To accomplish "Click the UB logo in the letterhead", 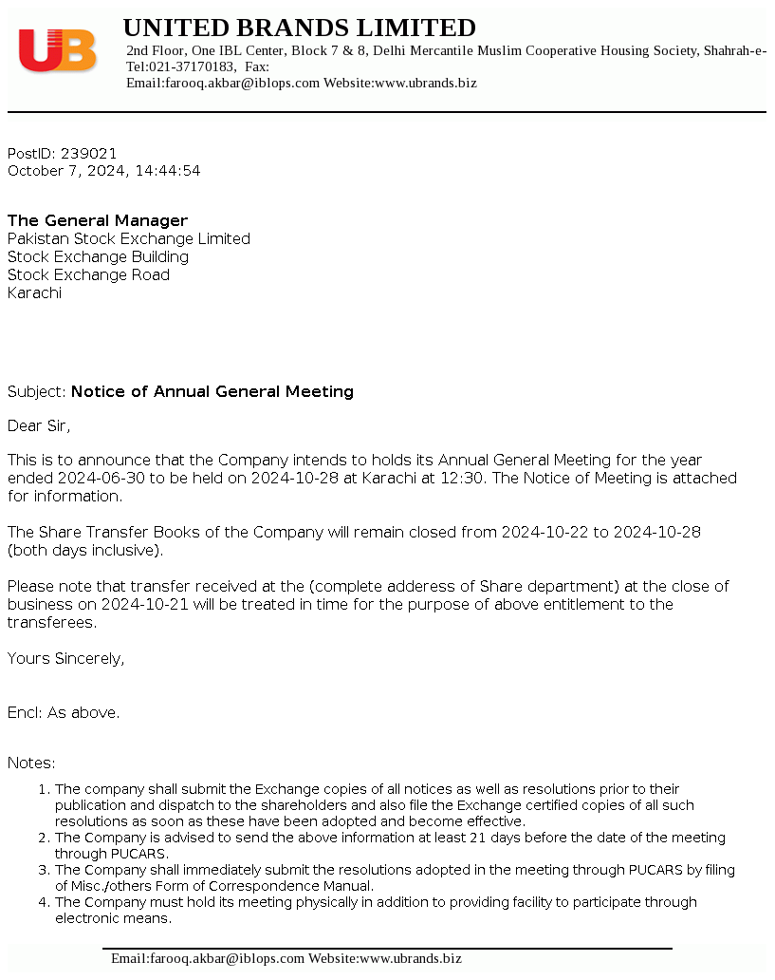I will coord(58,50).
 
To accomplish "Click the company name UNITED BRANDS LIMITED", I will coord(300,28).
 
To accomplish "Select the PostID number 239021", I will coord(88,153).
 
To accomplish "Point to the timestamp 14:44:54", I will coord(168,171).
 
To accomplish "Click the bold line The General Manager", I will coord(98,220).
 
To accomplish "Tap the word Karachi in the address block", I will coord(34,292).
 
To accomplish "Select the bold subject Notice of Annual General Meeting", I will coord(212,391).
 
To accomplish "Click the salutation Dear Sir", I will coord(39,425).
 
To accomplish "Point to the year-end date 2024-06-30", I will coord(99,478).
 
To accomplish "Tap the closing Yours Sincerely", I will coord(65,658).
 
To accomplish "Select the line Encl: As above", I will coord(64,712).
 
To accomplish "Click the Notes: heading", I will coord(31,763).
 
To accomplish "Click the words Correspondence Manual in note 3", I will coord(304,886).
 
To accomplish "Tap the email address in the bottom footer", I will coord(208,958).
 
